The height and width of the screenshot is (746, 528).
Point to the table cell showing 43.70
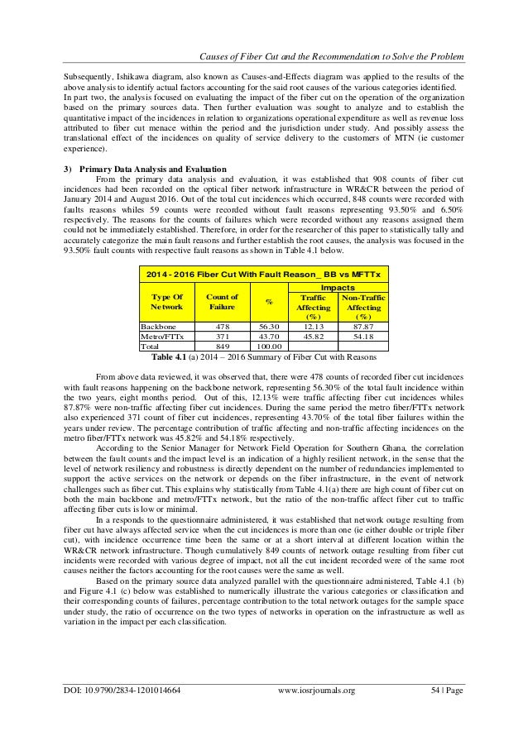(x=268, y=337)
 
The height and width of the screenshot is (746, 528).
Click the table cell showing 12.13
(x=311, y=327)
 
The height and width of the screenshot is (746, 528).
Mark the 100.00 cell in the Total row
(x=268, y=348)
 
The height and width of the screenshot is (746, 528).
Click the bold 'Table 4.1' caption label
(x=170, y=357)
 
